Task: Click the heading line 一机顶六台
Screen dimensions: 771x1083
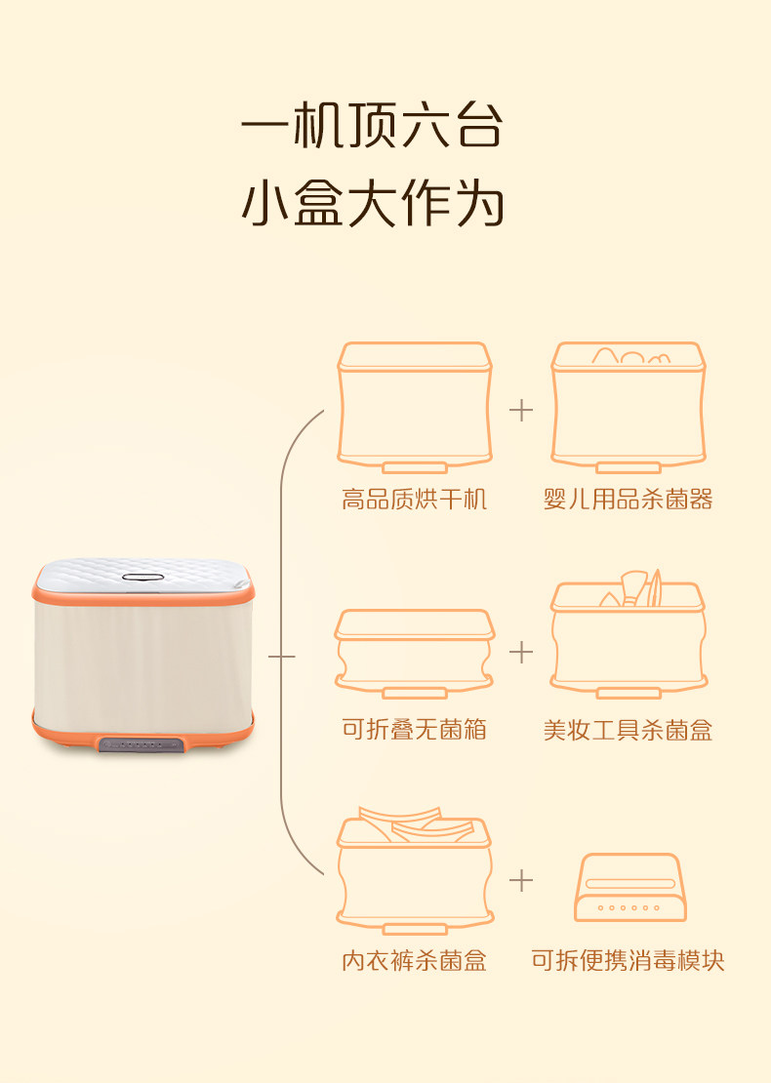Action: point(372,127)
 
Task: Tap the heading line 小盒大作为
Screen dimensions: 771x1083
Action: point(372,205)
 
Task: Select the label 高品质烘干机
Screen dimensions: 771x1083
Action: point(414,501)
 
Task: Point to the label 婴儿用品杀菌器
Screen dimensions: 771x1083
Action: point(628,501)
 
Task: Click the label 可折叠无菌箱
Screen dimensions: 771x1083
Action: point(414,730)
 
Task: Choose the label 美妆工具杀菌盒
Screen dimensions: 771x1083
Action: point(628,730)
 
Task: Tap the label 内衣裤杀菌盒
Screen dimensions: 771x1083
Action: point(414,961)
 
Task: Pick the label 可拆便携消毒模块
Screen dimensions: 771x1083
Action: point(628,961)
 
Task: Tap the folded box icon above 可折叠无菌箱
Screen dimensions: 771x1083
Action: point(414,652)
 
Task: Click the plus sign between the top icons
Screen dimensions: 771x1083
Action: point(521,410)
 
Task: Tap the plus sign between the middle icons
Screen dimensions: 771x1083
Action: point(521,652)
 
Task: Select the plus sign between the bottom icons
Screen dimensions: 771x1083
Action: point(521,880)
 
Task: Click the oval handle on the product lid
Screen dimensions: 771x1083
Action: point(142,578)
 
